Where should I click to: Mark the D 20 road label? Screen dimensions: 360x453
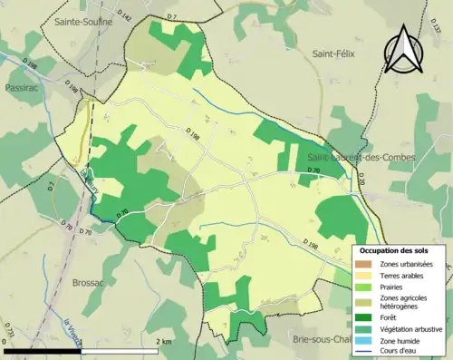359,182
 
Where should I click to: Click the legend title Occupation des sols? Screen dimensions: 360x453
394,250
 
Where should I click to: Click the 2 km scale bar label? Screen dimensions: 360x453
165,341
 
